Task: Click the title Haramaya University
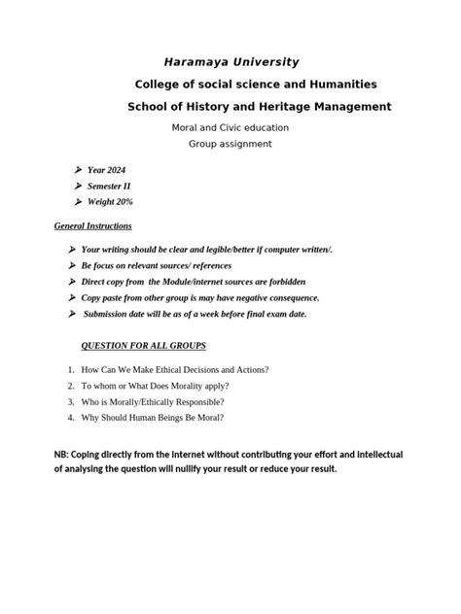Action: [230, 61]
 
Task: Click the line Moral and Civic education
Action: [230, 127]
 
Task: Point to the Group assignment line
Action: [230, 144]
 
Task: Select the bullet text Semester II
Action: [109, 186]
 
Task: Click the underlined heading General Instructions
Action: [92, 226]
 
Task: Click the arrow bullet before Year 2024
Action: [77, 170]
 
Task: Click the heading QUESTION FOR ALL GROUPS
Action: [142, 346]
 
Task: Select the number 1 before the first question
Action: [71, 370]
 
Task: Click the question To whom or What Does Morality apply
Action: [156, 386]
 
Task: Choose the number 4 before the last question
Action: [71, 417]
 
